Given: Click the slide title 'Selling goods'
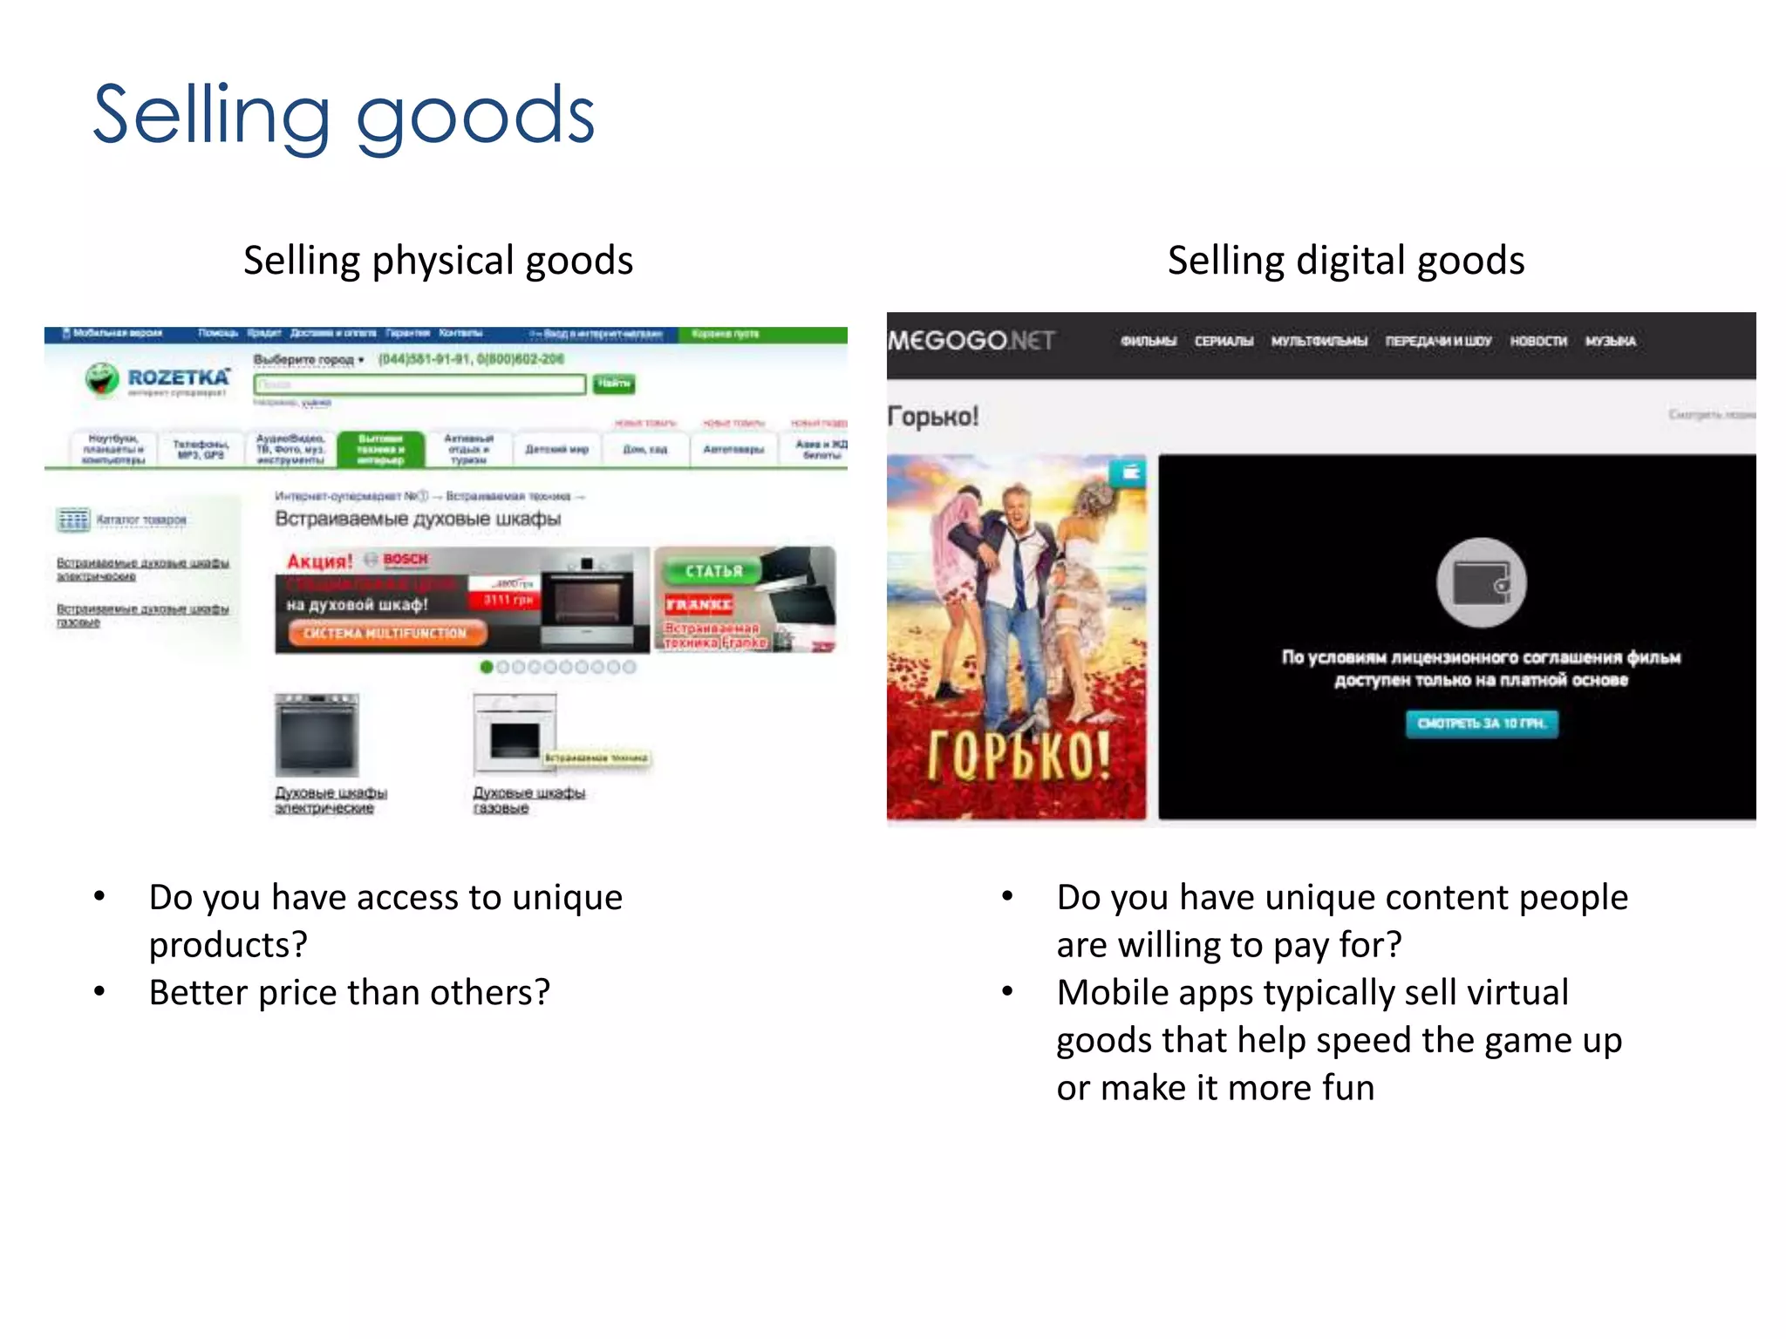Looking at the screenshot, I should (x=344, y=115).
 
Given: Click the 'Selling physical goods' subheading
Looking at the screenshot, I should (x=438, y=261).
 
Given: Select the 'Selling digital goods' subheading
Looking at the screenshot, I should (x=1346, y=261).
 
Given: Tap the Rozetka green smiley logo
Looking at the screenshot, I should (x=102, y=379).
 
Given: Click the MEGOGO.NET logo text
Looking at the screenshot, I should (x=971, y=340).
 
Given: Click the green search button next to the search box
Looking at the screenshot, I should (x=614, y=384).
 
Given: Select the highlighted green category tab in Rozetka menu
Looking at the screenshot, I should (x=380, y=449).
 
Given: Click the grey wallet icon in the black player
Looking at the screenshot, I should (x=1481, y=582).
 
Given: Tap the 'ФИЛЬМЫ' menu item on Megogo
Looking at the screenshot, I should (x=1148, y=341).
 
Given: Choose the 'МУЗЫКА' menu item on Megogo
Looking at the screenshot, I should (x=1610, y=341).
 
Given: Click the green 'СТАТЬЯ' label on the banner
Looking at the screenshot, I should (x=712, y=571).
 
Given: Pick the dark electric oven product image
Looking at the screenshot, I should (x=317, y=735).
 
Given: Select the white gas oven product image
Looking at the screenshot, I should (x=515, y=733).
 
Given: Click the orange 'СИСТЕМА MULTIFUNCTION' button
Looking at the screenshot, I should (x=385, y=633).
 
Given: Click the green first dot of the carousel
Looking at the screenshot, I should (x=487, y=667).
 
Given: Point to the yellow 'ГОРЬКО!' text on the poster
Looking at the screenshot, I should (x=1017, y=753).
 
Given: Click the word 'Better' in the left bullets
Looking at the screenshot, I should (x=197, y=992).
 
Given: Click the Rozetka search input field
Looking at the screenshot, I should (x=419, y=384).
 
